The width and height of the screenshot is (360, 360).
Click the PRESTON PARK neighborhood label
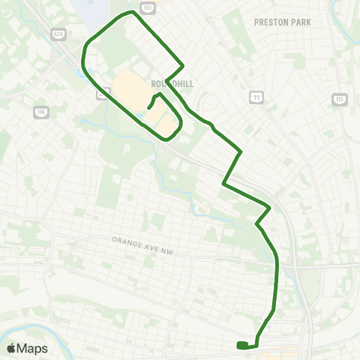(x=282, y=22)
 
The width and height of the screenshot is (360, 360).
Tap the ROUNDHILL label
(x=172, y=85)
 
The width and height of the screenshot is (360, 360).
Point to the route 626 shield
(x=58, y=34)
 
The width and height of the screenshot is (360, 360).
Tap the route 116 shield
(x=40, y=112)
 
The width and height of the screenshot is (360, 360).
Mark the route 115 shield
(x=340, y=99)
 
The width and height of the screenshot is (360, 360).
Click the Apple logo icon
(x=12, y=348)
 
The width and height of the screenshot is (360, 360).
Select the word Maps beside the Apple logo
(x=33, y=348)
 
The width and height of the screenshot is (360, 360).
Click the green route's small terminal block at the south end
(x=242, y=346)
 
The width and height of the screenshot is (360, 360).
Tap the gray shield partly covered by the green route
(x=102, y=94)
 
